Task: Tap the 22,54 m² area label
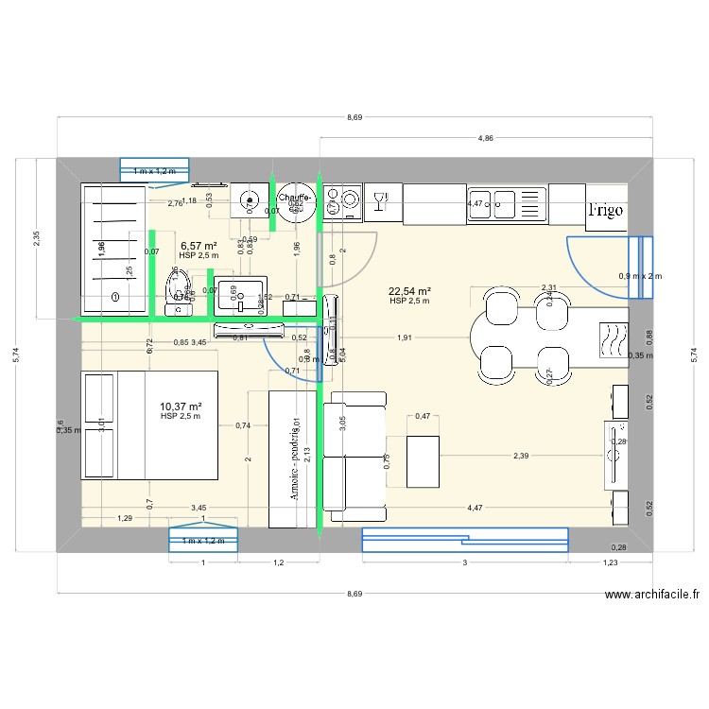click(409, 292)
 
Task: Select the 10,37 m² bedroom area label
click(181, 406)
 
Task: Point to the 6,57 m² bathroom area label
click(199, 246)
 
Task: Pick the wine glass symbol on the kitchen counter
click(382, 199)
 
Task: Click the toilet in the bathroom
click(179, 287)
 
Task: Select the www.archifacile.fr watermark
click(651, 596)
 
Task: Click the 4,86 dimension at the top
click(485, 138)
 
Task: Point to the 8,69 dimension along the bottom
click(354, 594)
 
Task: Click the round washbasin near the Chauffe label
click(250, 199)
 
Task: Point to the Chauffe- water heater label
click(295, 198)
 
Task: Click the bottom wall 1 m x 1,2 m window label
click(203, 540)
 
